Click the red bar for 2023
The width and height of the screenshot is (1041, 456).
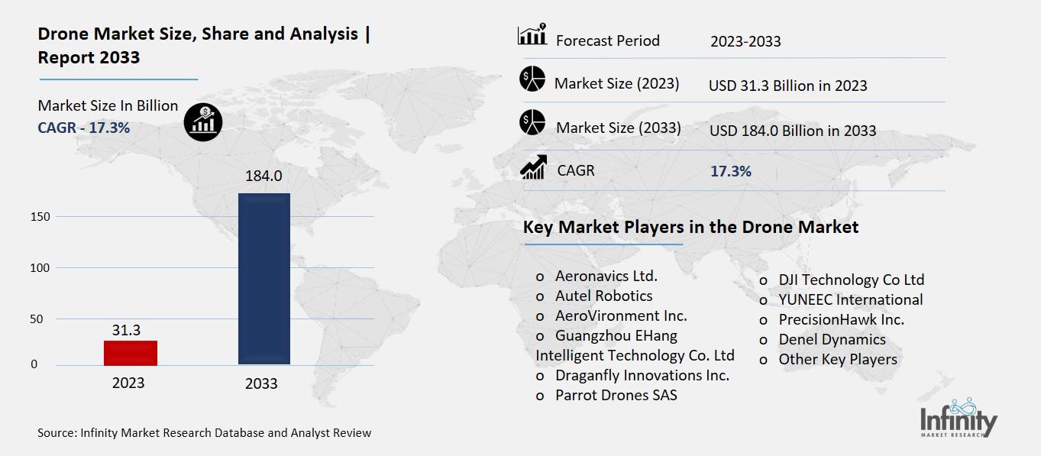pos(131,352)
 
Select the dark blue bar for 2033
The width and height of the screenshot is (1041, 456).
pos(264,279)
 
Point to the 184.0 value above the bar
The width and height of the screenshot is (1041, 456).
pos(263,176)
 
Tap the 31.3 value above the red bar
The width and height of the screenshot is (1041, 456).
pos(126,329)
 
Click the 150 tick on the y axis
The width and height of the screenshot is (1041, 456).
pos(40,217)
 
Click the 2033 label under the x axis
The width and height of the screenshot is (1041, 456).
pos(261,383)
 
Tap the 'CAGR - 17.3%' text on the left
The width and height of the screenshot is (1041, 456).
pos(84,128)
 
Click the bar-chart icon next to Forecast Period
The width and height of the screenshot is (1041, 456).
pos(532,35)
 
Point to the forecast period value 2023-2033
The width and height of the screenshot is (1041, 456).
pos(745,41)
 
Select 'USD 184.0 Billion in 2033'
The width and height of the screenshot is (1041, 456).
pos(793,131)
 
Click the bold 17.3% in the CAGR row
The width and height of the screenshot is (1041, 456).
pos(731,171)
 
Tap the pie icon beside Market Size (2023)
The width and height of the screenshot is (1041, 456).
pos(532,79)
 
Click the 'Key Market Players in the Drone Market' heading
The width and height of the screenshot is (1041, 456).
pos(690,227)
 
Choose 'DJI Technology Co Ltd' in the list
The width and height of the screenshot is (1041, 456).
pos(851,280)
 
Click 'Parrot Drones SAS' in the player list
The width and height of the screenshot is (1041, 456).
pos(616,395)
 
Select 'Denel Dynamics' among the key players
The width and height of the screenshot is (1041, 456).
pos(832,339)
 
